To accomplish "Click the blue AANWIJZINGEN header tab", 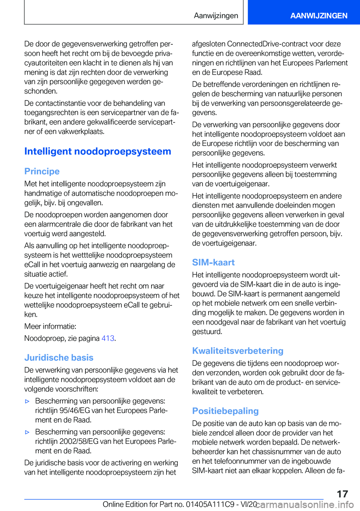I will pos(318,16).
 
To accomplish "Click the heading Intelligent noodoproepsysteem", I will pos(97,152).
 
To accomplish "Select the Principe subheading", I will pos(42,171).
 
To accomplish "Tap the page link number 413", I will pos(108,338).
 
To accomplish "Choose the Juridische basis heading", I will pos(59,358).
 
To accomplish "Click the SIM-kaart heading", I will pos(213,263).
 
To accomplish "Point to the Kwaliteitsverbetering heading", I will pos(238,351).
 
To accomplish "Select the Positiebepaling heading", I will pos(225,411).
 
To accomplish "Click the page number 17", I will pos(342,494).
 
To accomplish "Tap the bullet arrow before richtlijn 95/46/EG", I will pos(27,401).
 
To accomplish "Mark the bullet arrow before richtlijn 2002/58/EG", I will pos(27,432).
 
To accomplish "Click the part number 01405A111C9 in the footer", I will pos(210,505).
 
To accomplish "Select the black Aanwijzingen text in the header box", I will pos(216,16).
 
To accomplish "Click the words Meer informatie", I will pos(50,326).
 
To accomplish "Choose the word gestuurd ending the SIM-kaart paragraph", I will pos(207,332).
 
